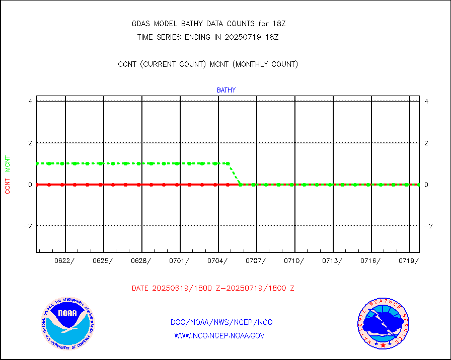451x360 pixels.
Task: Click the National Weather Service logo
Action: point(383,324)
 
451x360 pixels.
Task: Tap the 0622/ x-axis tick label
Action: point(65,260)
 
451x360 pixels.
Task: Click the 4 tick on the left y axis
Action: point(30,101)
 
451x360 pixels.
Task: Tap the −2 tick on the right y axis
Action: point(428,226)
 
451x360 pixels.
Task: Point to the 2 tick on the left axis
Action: point(30,143)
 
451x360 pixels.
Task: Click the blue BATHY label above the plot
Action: point(226,91)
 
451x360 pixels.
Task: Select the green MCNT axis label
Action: point(8,164)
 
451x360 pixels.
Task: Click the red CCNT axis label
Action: point(8,186)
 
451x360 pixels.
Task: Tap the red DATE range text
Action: point(213,289)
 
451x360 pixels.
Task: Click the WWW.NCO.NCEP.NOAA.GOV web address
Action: point(219,335)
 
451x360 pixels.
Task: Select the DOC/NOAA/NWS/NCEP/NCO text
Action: point(221,322)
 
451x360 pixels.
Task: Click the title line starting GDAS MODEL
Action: point(208,24)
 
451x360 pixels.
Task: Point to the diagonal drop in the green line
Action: point(235,174)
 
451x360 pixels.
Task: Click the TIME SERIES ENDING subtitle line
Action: point(208,37)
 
